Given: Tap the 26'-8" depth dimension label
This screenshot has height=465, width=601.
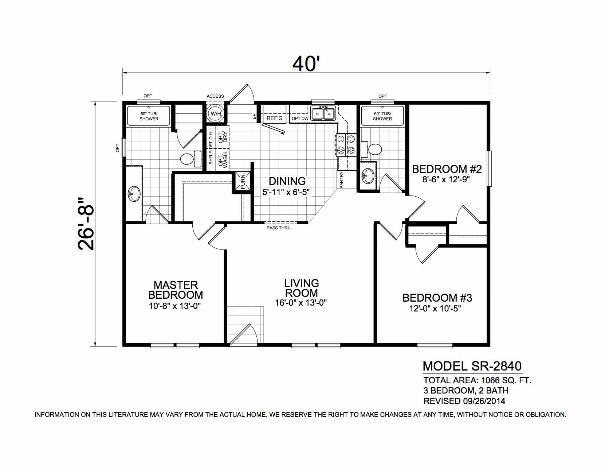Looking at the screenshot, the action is pos(86,224).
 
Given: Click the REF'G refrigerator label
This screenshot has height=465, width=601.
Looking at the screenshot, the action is pos(274,119).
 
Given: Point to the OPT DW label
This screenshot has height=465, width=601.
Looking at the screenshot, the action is pos(300,119).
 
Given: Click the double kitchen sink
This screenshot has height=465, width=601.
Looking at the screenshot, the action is pos(323,113).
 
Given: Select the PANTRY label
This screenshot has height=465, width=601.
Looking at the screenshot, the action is pos(341,180).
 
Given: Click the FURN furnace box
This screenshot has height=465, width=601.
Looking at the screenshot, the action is pos(243,181).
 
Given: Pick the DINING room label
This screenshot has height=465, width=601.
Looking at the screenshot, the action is pos(287,181).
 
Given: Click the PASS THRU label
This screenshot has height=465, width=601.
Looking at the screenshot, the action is pos(279,228).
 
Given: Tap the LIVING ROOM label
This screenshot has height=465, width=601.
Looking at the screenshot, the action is pos(302,288).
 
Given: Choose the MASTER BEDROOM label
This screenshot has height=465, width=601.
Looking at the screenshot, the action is pos(176,290).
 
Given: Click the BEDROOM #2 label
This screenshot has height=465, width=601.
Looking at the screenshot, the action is pos(447,169).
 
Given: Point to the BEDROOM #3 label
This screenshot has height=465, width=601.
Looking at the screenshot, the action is pos(437,298).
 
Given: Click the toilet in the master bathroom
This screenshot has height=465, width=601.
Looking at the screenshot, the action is pos(190,159).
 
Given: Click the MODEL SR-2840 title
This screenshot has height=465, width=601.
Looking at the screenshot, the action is pos(472,366).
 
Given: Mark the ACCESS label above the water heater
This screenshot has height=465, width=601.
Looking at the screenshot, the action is pos(215,96).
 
